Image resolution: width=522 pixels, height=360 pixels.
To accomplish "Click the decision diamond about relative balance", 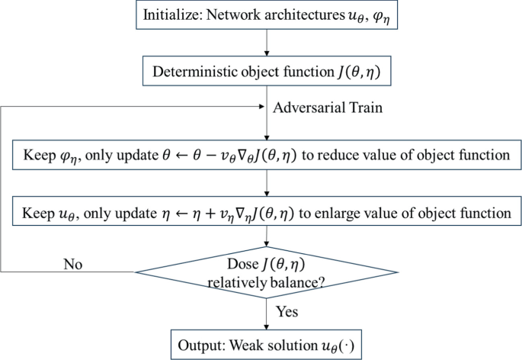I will (265, 272).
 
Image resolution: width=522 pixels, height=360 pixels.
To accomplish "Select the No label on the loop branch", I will (73, 264).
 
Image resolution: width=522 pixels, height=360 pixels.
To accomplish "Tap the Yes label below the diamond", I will (287, 313).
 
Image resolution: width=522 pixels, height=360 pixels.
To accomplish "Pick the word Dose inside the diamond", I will (245, 265).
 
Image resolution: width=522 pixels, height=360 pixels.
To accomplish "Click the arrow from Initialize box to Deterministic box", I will (265, 43).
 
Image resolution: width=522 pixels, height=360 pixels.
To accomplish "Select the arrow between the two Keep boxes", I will (265, 183).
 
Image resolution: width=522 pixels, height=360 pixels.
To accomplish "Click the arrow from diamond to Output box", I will (265, 313).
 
